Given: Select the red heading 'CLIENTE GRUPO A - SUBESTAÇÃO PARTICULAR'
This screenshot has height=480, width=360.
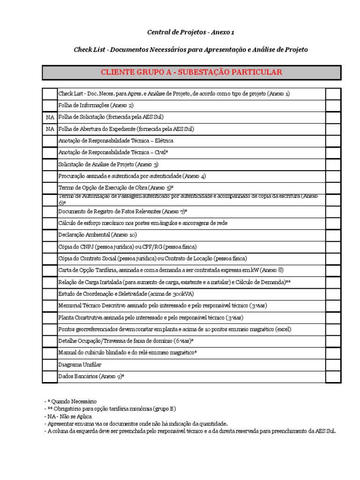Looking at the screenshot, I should pos(191,72).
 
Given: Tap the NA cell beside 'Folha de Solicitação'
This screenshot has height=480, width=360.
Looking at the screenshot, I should pos(50,117).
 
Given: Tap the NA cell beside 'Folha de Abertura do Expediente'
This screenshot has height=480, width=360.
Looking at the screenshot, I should pos(50,129).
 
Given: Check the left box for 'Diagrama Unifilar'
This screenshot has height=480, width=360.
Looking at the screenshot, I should pos(50,364).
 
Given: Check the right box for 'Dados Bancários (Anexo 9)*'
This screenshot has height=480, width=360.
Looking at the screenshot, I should pos(333,376).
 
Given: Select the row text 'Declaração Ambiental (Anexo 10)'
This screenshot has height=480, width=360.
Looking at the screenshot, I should pos(97,235).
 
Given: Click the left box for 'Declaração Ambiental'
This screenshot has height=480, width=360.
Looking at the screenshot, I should pos(50,235).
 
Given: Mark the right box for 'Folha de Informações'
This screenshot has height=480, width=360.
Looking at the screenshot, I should pos(333,105).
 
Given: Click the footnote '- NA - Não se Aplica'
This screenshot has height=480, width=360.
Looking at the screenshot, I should pos(68,416).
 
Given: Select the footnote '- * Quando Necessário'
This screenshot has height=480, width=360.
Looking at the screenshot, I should pos(70,402).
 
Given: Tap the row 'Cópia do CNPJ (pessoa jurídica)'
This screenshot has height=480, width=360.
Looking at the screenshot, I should pos(127,247).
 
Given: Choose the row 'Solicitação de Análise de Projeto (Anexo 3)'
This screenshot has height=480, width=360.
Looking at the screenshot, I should pos(108,164).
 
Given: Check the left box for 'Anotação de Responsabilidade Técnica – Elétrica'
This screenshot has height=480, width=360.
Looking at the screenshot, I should pos(50,141).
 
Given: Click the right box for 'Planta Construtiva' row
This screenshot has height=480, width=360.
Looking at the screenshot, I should pos(333,317).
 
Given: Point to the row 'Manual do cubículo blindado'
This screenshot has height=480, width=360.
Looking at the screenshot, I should pos(127,352).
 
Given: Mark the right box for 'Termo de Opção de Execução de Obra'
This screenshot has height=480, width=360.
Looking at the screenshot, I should pos(333,187).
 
